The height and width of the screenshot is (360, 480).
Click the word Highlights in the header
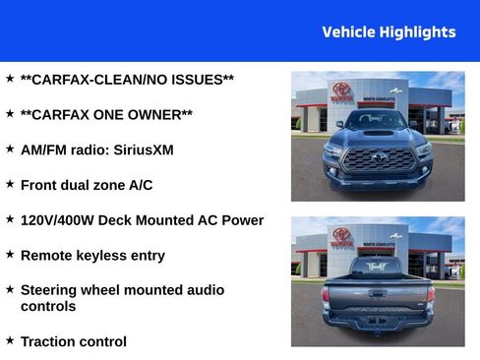coord(417,32)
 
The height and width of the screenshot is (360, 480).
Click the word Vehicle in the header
coord(348,32)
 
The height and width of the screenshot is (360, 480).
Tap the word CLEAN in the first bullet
coord(117,79)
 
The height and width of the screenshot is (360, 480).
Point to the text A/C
coord(141,185)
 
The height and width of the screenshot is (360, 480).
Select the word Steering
coord(53,290)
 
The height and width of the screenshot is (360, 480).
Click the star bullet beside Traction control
coord(10,340)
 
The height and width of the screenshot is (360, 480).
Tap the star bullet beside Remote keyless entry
coord(10,254)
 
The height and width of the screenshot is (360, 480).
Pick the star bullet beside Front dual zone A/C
coord(10,183)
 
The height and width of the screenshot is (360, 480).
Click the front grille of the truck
coord(378,158)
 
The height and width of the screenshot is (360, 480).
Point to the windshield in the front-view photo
coord(378,122)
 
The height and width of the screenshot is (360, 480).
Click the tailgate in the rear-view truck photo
coord(378,293)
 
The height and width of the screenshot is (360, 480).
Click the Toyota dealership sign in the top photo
coord(341,91)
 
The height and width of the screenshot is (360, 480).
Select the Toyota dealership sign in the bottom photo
coord(341,237)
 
